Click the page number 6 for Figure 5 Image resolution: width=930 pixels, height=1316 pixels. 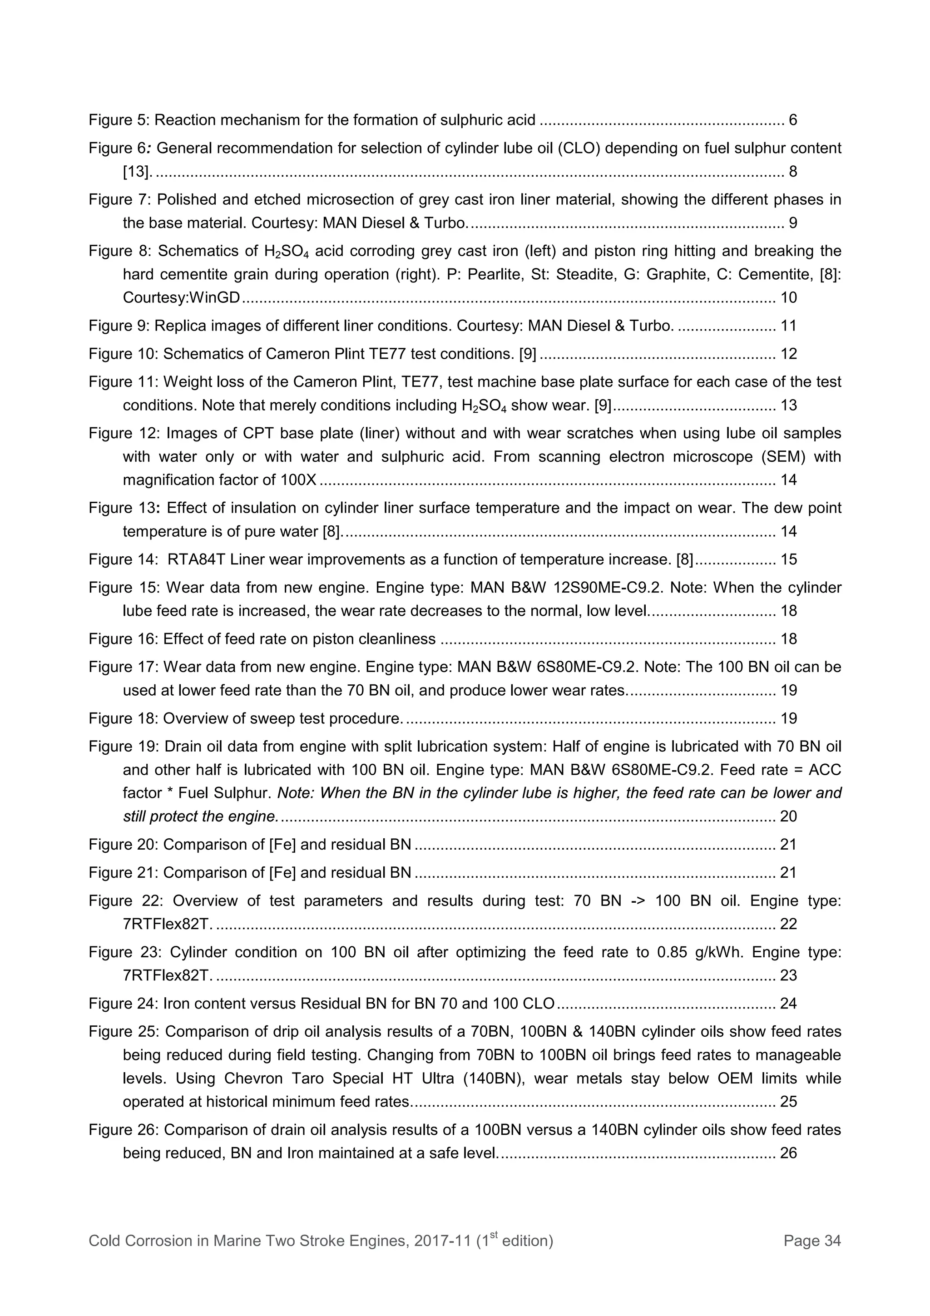793,120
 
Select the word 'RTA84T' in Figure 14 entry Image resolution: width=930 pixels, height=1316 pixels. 193,559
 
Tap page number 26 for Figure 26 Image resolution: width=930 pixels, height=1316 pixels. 788,1153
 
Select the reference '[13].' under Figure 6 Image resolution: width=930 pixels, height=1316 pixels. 138,171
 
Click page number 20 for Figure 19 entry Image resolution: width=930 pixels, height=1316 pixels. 788,816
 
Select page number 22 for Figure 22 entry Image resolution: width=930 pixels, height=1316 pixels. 788,924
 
